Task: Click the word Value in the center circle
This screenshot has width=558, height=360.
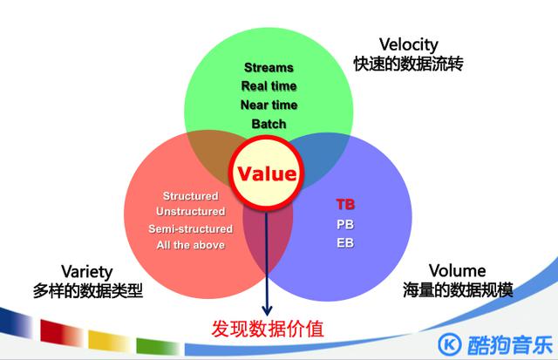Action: pos(269,173)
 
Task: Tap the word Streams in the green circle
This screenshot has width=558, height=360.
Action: pos(269,67)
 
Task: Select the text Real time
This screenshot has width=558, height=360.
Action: pos(269,86)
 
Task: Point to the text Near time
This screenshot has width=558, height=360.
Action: pos(269,105)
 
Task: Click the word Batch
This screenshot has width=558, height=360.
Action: pos(269,124)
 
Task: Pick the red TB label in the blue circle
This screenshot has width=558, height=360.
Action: pos(346,204)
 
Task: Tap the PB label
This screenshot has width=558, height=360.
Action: pos(346,223)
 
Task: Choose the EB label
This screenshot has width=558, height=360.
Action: pos(346,241)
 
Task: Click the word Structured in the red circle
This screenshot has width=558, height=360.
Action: pos(191,196)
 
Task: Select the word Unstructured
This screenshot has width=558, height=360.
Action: pos(190,212)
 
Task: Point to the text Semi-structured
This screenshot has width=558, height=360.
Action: pos(190,228)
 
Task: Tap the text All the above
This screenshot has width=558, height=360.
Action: pos(190,245)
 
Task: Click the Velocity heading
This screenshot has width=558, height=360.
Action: pos(408,44)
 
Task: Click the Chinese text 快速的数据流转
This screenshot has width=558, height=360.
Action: pos(408,65)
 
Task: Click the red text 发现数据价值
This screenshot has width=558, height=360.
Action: pos(268,329)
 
